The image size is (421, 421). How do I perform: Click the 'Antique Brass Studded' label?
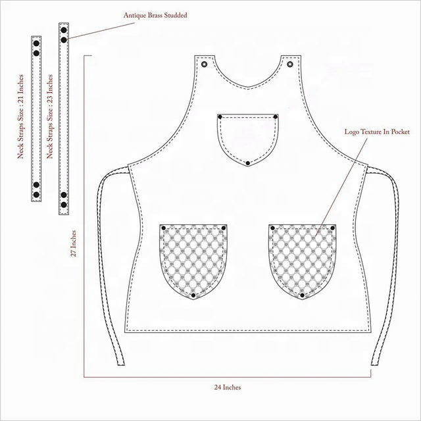(x=155, y=14)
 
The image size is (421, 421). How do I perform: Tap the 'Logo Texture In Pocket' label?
(x=377, y=132)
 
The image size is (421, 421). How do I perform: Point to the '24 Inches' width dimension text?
(x=228, y=387)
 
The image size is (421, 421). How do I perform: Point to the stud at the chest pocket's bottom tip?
(x=247, y=162)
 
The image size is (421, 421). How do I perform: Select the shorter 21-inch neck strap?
(x=36, y=118)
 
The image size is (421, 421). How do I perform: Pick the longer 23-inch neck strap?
(x=64, y=118)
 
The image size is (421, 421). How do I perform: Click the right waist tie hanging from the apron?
(x=388, y=263)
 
